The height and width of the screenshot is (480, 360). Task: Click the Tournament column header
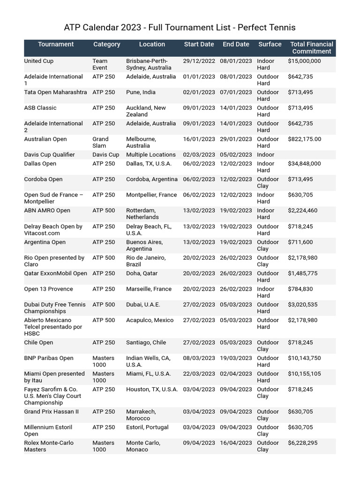click(56, 45)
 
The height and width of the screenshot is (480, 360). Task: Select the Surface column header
click(270, 45)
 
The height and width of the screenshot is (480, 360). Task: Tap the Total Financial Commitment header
click(311, 48)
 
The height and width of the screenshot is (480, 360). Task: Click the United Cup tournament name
click(39, 61)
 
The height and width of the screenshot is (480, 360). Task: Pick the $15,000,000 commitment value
click(304, 61)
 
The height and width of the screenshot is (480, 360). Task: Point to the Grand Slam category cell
click(100, 142)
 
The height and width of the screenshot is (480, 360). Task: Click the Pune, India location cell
click(141, 92)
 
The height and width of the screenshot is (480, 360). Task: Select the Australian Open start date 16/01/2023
click(199, 139)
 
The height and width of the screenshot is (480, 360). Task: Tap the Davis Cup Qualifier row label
click(49, 155)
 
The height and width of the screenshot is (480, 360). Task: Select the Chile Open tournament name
click(38, 343)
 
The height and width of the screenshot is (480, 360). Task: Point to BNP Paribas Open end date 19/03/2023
click(236, 358)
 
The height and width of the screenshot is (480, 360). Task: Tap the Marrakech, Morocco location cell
click(141, 415)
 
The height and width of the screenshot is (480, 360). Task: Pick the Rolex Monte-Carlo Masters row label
click(49, 446)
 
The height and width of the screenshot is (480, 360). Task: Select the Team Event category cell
click(100, 64)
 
